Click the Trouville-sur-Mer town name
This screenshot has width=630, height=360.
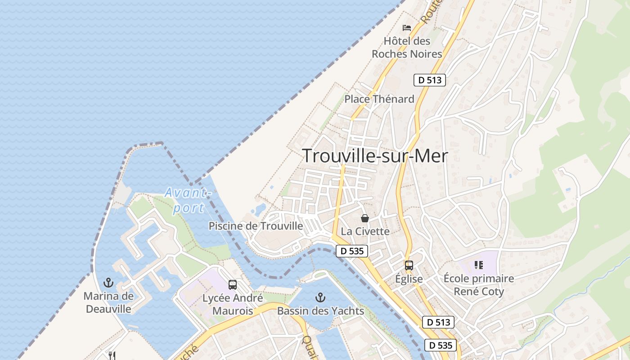[375, 156]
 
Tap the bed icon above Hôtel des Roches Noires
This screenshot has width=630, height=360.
[407, 28]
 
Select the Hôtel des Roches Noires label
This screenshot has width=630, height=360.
[407, 47]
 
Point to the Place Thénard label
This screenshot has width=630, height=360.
[379, 99]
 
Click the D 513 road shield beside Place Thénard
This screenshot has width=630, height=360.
[430, 80]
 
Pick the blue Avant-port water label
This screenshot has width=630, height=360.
[187, 200]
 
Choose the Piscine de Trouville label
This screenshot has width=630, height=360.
[256, 226]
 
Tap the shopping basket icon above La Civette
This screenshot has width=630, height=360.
[365, 218]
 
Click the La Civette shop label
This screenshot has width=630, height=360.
[365, 231]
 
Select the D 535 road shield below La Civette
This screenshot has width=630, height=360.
[352, 251]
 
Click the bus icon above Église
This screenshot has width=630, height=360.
[409, 265]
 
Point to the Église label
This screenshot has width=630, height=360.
[409, 279]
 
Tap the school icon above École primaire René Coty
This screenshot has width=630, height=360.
[478, 265]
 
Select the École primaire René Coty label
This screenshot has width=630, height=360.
[478, 285]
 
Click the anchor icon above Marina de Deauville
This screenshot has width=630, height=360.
[108, 283]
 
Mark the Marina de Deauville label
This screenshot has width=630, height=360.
[108, 302]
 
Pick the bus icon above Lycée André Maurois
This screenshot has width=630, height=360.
[233, 284]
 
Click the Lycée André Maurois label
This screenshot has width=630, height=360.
[233, 304]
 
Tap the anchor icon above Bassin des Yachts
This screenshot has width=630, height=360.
[320, 297]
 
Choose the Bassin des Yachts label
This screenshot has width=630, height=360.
[320, 310]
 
